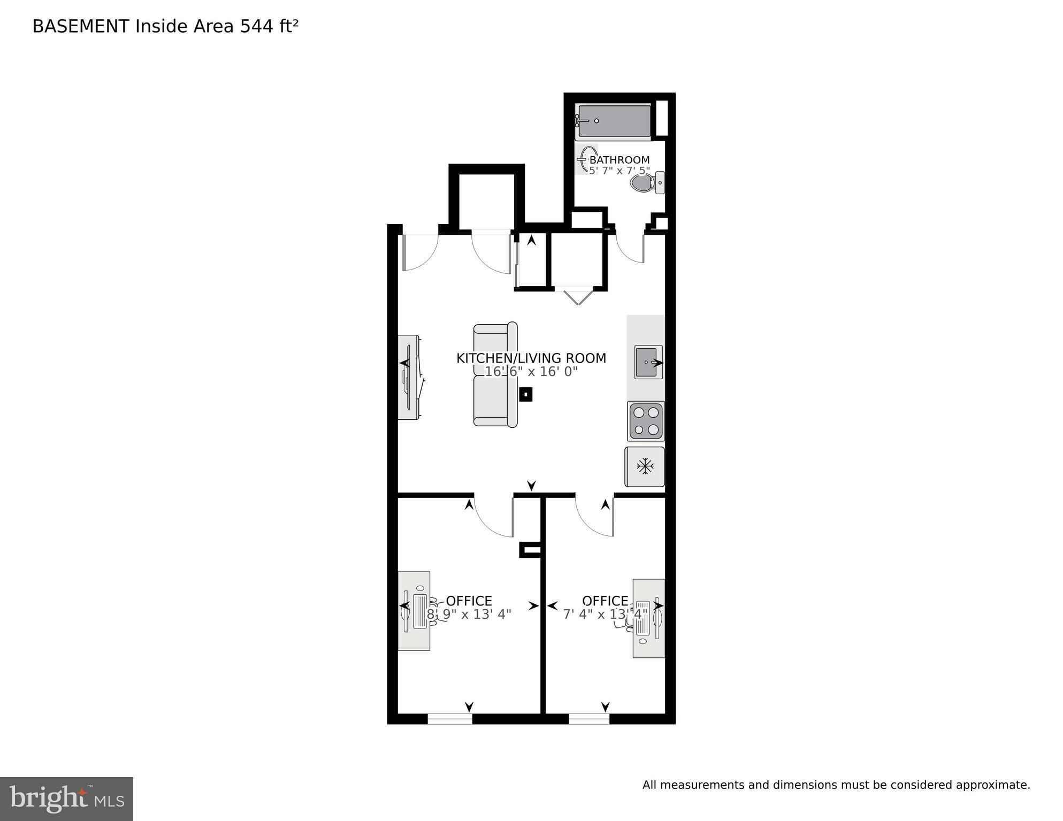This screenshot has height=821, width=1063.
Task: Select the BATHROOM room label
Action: point(620,160)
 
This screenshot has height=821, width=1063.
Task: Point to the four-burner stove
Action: point(646,421)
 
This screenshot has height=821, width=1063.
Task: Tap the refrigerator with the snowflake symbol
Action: point(645,467)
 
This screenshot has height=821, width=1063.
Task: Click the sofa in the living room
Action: point(495,374)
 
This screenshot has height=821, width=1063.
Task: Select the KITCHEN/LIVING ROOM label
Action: point(531,358)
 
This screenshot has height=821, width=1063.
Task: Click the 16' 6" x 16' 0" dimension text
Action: point(531,371)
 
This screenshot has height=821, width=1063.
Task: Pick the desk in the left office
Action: point(414,611)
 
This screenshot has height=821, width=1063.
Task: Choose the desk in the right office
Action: point(649,618)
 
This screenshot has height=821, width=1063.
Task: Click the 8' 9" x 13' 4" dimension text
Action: point(469,614)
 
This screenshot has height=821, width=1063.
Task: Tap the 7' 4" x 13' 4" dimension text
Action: point(605,614)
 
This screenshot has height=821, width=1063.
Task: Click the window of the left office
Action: point(450,719)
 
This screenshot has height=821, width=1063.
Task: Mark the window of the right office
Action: point(589,719)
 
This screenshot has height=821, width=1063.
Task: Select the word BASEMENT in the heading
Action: point(81,26)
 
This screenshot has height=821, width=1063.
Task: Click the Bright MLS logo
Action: point(66,799)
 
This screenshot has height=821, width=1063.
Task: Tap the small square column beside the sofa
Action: point(526,395)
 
